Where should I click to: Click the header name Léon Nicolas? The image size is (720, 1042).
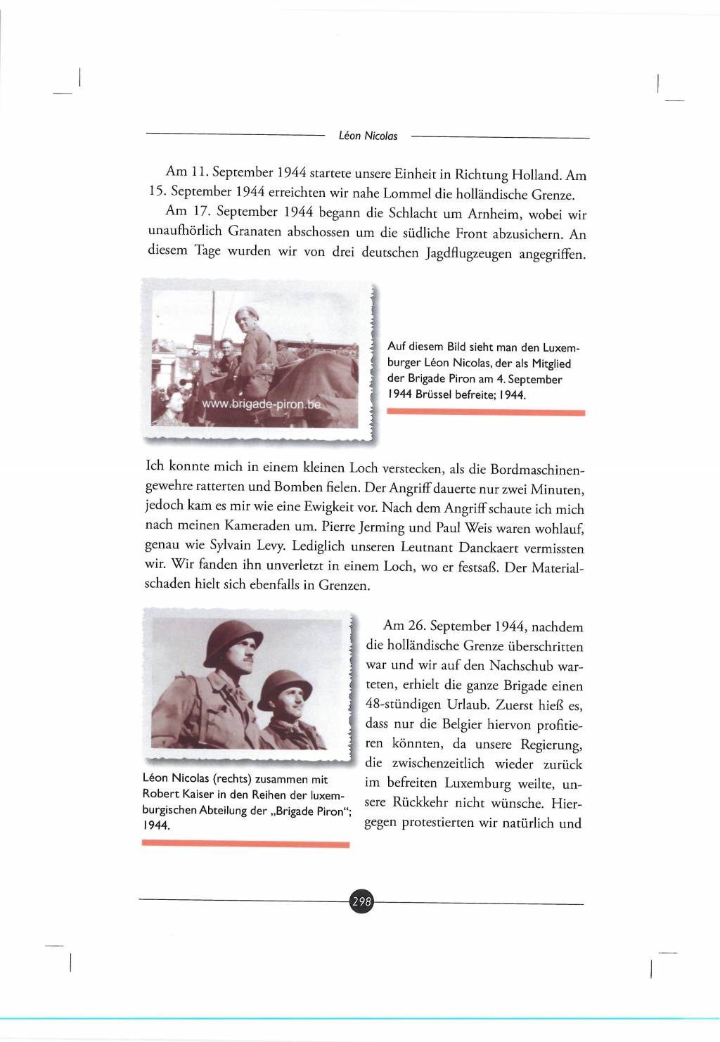click(x=368, y=136)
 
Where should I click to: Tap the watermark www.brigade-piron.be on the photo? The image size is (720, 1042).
click(x=261, y=404)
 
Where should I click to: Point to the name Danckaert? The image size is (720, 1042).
click(x=493, y=547)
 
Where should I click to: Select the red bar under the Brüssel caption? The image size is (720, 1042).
click(x=486, y=413)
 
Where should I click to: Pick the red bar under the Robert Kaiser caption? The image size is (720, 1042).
click(x=245, y=844)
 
